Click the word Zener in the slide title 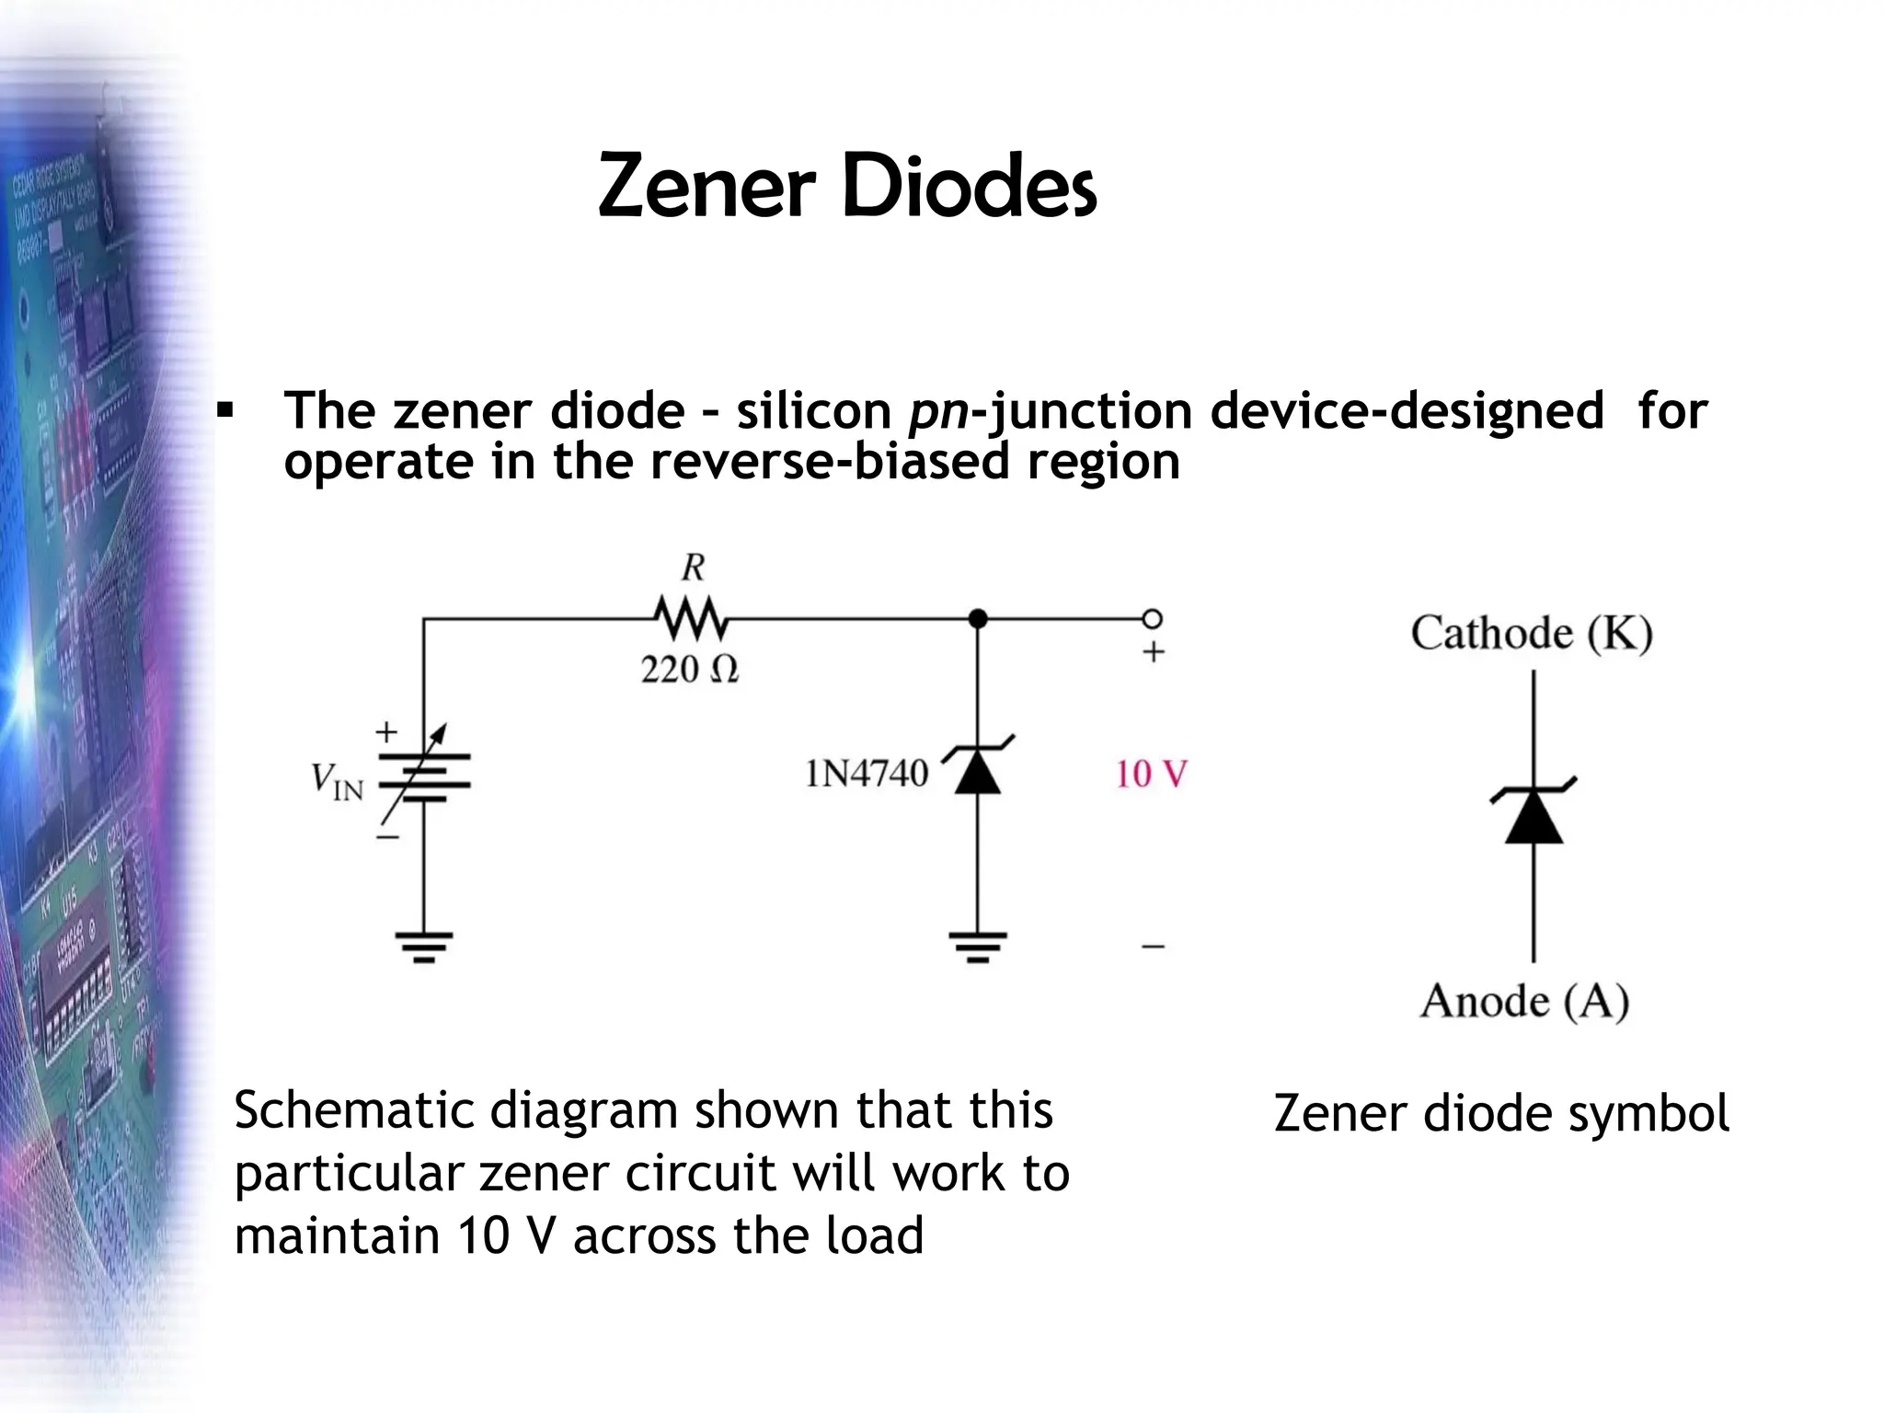click(x=706, y=188)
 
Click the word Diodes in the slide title click(x=967, y=188)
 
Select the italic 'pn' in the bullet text click(x=938, y=411)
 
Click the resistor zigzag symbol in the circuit click(x=691, y=619)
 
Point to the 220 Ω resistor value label click(x=689, y=670)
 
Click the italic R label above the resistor click(x=693, y=568)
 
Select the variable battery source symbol click(x=424, y=778)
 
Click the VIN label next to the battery click(x=337, y=782)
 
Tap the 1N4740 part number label click(x=867, y=775)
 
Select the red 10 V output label click(x=1151, y=775)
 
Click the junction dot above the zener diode click(x=978, y=619)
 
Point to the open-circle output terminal click(x=1152, y=618)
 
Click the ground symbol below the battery click(x=424, y=946)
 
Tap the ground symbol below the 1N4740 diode click(x=978, y=946)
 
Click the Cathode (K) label click(x=1532, y=634)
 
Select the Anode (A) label click(x=1524, y=1001)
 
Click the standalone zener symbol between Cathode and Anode click(x=1534, y=813)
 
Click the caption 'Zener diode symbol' click(x=1500, y=1114)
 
